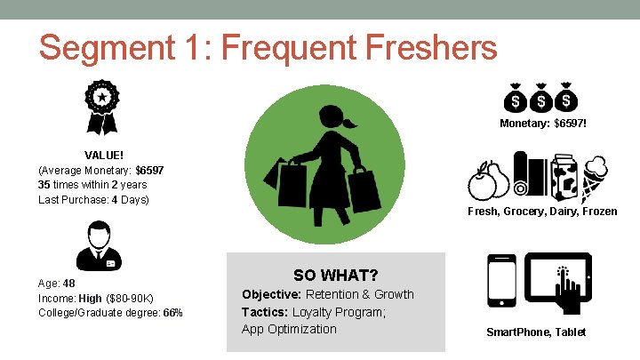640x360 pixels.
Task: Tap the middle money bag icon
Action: pyautogui.click(x=540, y=96)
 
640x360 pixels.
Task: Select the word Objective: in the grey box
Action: pyautogui.click(x=272, y=294)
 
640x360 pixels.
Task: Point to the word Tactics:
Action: pyautogui.click(x=266, y=312)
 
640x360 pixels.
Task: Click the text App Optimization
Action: pyautogui.click(x=289, y=329)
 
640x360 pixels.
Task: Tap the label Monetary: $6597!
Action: pyautogui.click(x=542, y=123)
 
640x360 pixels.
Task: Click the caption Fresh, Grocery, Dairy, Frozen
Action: pyautogui.click(x=542, y=212)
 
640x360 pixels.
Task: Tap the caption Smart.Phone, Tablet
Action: pyautogui.click(x=536, y=332)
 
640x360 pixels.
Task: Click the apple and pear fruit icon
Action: pyautogui.click(x=487, y=180)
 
